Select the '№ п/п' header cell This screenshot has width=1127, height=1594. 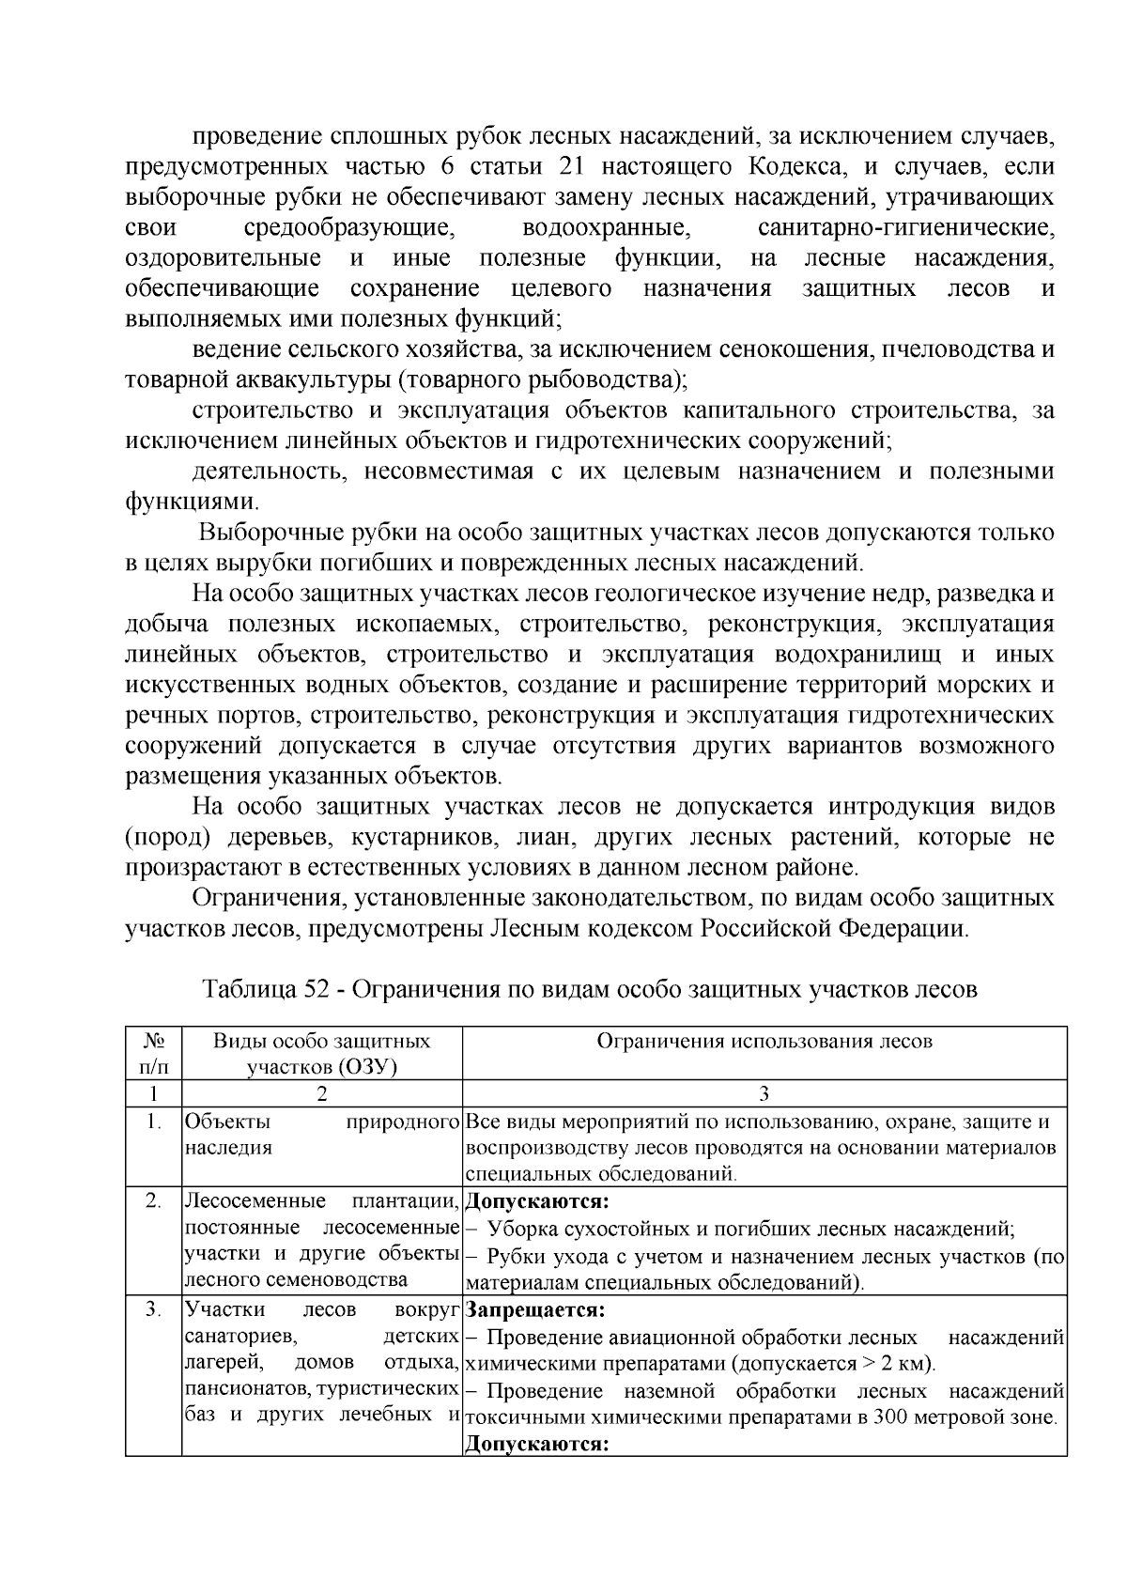[x=153, y=1053]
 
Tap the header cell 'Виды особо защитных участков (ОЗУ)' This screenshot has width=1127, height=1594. [x=322, y=1053]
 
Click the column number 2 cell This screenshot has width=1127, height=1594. [x=322, y=1093]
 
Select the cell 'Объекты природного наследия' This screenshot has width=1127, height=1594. [x=322, y=1135]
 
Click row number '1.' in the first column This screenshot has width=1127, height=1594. [x=153, y=1122]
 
